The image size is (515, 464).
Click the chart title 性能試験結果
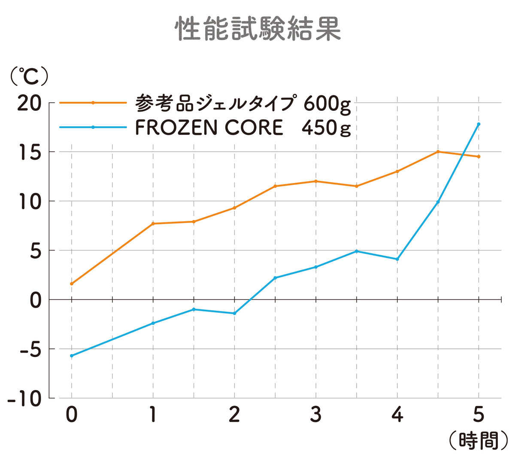tap(257, 29)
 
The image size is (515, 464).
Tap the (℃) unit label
tap(29, 76)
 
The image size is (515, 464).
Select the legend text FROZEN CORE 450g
tap(242, 128)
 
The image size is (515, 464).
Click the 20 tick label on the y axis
tap(29, 104)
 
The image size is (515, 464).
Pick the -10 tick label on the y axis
tap(25, 399)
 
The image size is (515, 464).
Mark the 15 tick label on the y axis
tap(30, 152)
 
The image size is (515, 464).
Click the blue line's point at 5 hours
tap(479, 124)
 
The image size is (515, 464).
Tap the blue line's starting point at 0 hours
tap(72, 356)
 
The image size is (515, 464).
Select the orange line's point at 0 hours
tap(72, 284)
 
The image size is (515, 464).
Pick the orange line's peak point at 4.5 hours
tap(438, 152)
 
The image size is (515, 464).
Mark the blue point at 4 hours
tap(397, 259)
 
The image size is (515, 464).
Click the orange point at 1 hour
tap(153, 224)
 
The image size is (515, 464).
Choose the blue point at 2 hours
tap(234, 313)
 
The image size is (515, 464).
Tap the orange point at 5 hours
tap(479, 156)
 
